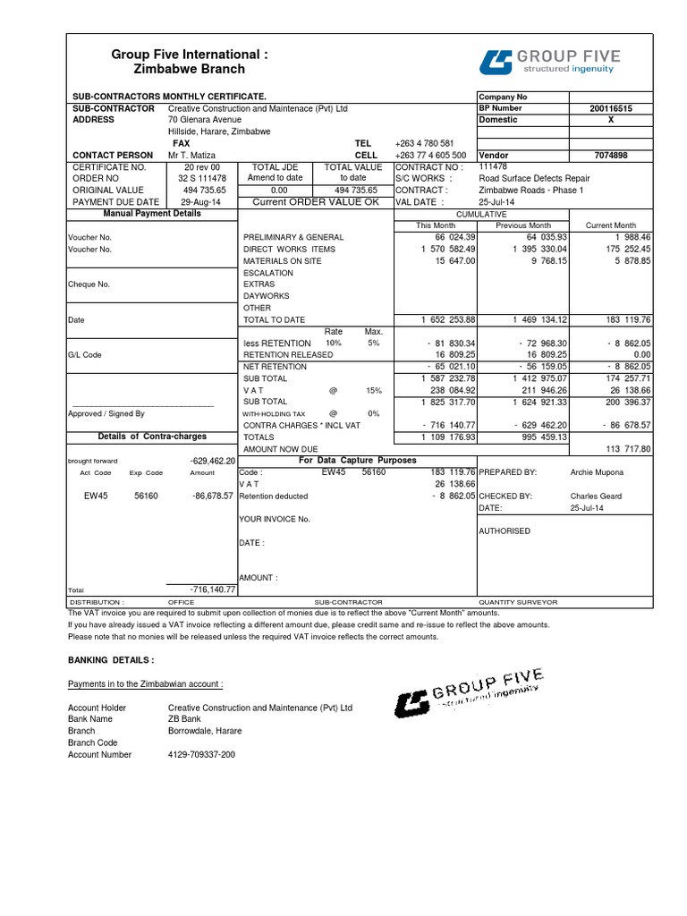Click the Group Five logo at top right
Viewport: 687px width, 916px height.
point(549,61)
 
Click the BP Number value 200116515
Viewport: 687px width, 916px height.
point(611,107)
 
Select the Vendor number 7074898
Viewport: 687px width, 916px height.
point(611,155)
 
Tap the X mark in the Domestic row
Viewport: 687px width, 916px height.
point(611,119)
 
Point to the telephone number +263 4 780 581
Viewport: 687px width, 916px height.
point(424,143)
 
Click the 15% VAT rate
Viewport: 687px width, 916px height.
point(373,390)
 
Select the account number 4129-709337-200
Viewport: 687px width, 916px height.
point(201,755)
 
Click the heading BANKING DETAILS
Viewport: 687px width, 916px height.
point(111,659)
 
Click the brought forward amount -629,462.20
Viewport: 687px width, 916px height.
point(213,460)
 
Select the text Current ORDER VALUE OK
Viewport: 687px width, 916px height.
point(316,202)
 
